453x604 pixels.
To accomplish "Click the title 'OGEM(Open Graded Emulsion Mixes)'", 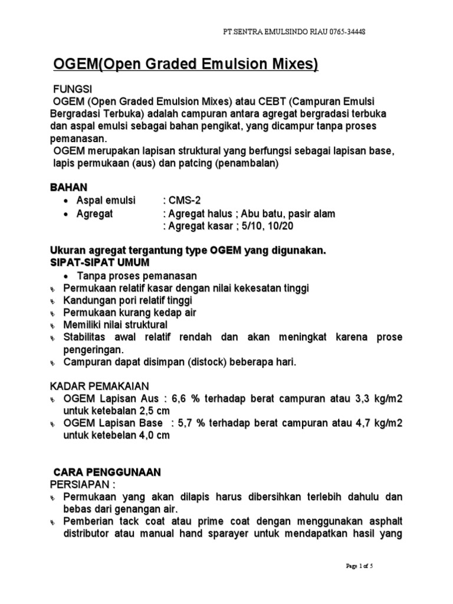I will tap(186, 64).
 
